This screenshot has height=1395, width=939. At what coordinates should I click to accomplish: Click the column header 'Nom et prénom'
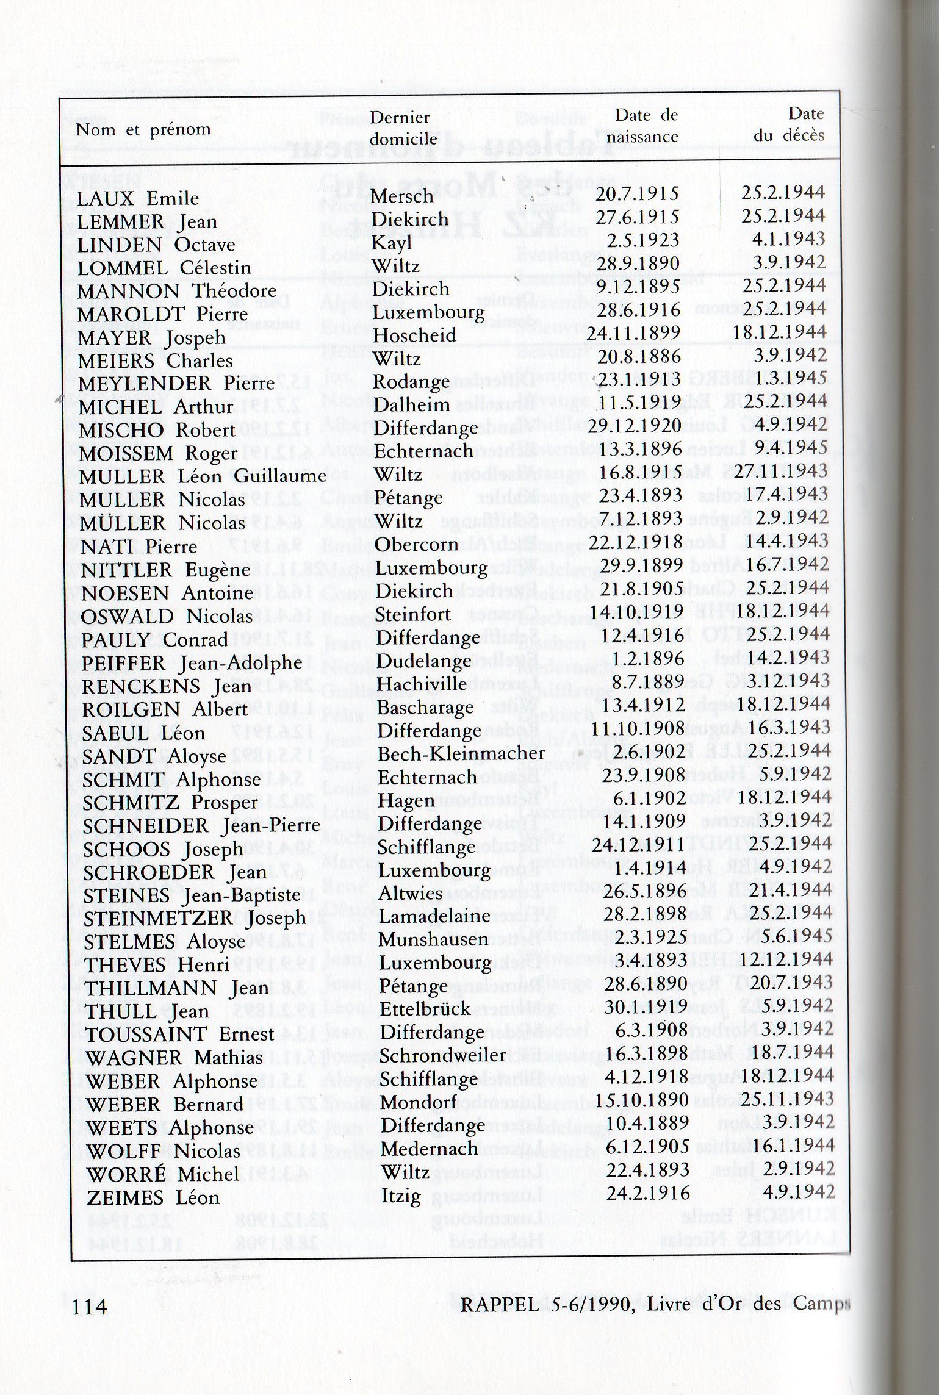pyautogui.click(x=143, y=130)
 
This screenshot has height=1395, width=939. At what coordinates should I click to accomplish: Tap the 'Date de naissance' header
pyautogui.click(x=646, y=125)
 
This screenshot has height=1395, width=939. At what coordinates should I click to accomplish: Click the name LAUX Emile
pyautogui.click(x=138, y=198)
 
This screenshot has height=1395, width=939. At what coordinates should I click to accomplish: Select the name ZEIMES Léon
pyautogui.click(x=153, y=1197)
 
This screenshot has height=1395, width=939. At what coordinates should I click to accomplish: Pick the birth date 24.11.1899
pyautogui.click(x=633, y=332)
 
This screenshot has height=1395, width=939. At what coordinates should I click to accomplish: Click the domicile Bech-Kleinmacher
pyautogui.click(x=461, y=754)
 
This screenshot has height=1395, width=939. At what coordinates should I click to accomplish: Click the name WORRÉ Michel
pyautogui.click(x=162, y=1174)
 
